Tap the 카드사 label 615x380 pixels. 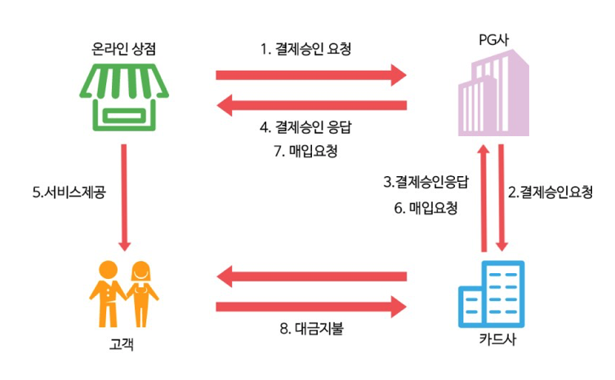[x=492, y=338]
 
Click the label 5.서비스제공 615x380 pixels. [x=69, y=193]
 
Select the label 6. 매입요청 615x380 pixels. [x=425, y=208]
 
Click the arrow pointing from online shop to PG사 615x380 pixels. [x=311, y=76]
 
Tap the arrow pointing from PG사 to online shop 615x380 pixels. [x=311, y=104]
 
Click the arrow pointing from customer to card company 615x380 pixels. [x=311, y=307]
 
